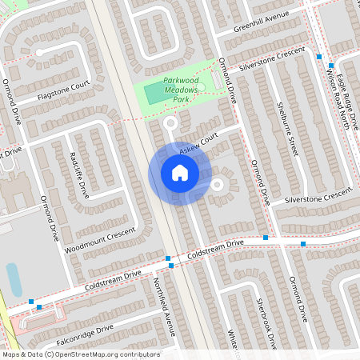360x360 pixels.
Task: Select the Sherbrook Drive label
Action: coord(266,324)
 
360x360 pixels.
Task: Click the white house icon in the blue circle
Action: coord(180,173)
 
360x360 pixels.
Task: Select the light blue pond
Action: coord(14,279)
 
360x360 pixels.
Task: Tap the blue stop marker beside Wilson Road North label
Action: coord(319,57)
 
